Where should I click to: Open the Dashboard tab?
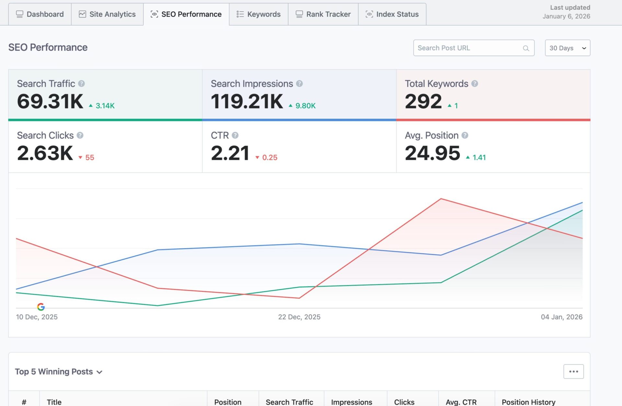40,14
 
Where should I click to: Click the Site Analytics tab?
107,14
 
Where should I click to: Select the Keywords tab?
259,14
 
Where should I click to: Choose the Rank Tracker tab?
323,14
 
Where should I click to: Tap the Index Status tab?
392,14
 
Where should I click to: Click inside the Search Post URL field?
468,48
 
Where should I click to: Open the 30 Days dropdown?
567,48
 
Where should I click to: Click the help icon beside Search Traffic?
82,84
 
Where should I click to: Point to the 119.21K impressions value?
247,101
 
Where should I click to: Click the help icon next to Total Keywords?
475,84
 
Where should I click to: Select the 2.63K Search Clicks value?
45,153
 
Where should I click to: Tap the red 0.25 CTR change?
270,158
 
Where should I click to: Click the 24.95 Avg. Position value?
432,153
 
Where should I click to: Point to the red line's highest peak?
441,199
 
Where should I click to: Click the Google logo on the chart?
41,307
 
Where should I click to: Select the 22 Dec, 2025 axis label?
299,317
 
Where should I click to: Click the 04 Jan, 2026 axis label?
561,317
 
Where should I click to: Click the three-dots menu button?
573,372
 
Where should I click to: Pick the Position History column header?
528,402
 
